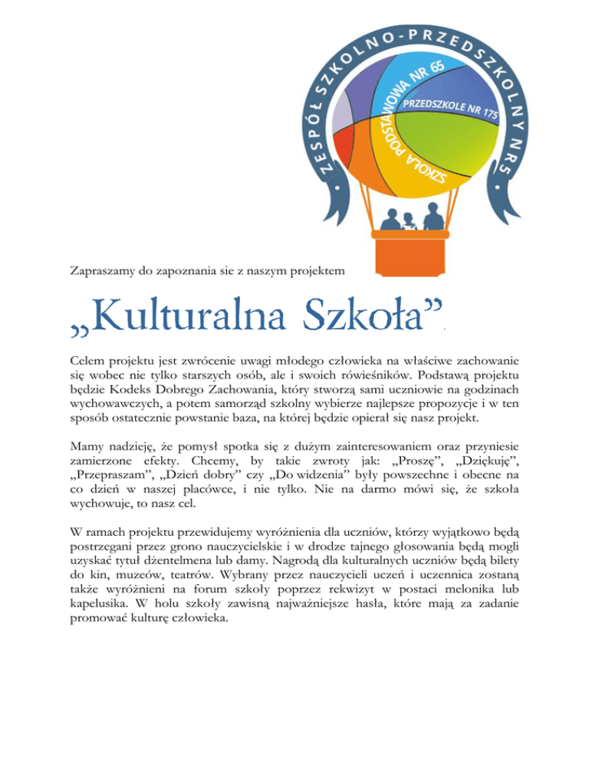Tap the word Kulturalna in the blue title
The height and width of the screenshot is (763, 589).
tap(164, 315)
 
